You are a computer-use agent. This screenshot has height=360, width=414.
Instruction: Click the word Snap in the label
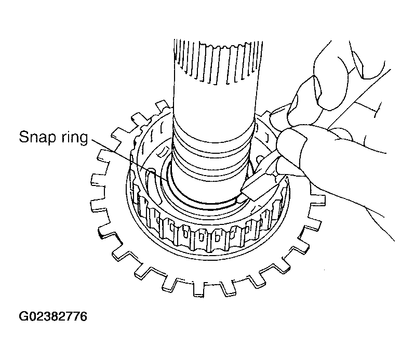(x=38, y=138)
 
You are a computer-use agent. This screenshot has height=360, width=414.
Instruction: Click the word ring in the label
(x=75, y=138)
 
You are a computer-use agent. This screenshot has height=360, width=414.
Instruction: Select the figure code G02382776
(x=53, y=316)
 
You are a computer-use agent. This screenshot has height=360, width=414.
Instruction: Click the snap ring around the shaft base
(x=201, y=201)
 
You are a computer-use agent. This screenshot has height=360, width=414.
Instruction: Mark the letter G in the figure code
(x=23, y=316)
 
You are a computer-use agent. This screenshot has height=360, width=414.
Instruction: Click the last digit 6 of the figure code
(x=83, y=316)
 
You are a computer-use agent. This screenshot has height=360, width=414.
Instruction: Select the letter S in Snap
(x=24, y=137)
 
